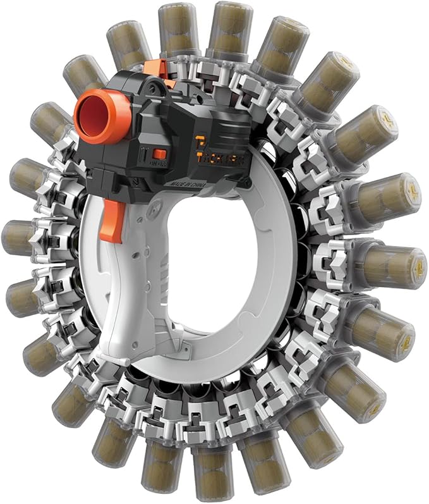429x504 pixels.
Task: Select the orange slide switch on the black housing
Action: click(160, 154)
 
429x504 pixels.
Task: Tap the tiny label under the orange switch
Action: click(155, 163)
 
